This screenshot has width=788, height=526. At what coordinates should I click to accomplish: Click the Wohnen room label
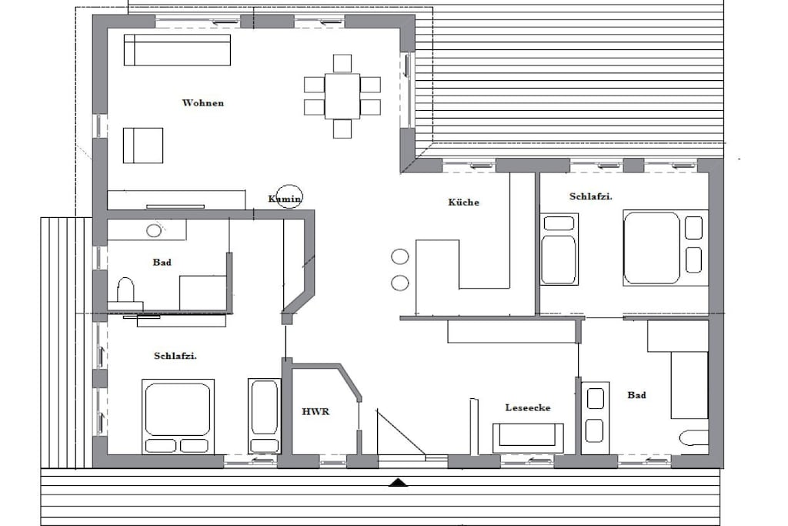click(x=203, y=103)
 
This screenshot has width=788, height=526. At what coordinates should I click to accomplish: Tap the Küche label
click(x=463, y=202)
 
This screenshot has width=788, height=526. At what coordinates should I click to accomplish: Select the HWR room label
click(x=316, y=411)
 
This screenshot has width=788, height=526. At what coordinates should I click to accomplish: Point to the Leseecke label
click(x=528, y=407)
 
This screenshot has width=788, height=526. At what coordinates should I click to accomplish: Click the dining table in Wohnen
click(x=342, y=95)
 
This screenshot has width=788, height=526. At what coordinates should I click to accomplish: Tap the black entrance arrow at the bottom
click(x=399, y=483)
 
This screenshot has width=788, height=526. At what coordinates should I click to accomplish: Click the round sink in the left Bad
click(x=154, y=231)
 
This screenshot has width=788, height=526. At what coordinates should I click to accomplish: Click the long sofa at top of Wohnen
click(x=177, y=50)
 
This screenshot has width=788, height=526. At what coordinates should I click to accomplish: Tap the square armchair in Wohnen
click(x=143, y=146)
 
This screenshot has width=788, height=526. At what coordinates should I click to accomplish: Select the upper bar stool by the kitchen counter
click(x=400, y=256)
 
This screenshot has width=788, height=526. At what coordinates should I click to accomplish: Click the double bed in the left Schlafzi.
click(x=178, y=417)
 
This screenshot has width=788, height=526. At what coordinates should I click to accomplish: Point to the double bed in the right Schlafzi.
click(x=666, y=248)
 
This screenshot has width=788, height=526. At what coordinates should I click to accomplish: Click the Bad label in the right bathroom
click(x=636, y=395)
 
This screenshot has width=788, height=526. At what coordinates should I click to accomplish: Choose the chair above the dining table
click(x=342, y=63)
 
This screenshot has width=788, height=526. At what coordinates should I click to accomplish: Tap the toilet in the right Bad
click(x=694, y=437)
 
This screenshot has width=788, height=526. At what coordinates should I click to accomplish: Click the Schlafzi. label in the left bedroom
click(x=175, y=356)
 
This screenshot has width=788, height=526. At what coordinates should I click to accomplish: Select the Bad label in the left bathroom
click(x=162, y=262)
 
